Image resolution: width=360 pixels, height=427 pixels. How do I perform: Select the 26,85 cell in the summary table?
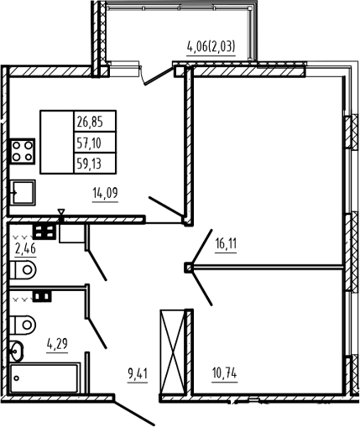tap(95, 122)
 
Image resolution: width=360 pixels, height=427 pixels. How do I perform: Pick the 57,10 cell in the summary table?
tap(95, 143)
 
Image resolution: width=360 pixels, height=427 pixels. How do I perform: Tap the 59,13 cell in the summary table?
tap(95, 164)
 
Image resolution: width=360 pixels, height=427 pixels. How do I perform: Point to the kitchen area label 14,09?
tap(105, 193)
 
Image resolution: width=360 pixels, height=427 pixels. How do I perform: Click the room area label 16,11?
tap(226, 244)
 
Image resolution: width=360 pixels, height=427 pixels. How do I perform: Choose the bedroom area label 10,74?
tap(225, 373)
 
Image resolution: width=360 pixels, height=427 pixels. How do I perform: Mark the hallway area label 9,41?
tap(138, 374)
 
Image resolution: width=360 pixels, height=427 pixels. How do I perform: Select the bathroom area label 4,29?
tap(57, 343)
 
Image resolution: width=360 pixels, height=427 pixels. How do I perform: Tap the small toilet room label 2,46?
tap(25, 248)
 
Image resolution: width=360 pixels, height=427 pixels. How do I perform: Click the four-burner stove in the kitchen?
tap(23, 151)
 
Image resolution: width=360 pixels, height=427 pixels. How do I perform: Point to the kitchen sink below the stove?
tap(23, 193)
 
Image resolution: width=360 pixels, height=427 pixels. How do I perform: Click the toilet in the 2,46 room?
tap(23, 269)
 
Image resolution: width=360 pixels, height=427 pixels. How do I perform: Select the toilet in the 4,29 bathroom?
tap(23, 325)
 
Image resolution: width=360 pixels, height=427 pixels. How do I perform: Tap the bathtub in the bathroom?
tap(44, 378)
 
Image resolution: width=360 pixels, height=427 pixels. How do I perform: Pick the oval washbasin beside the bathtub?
tap(17, 351)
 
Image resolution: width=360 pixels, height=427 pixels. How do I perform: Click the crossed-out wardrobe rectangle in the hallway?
tap(173, 351)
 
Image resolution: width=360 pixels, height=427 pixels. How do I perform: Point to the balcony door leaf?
tap(159, 75)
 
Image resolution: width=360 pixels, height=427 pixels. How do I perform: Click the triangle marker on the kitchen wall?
tap(61, 211)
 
